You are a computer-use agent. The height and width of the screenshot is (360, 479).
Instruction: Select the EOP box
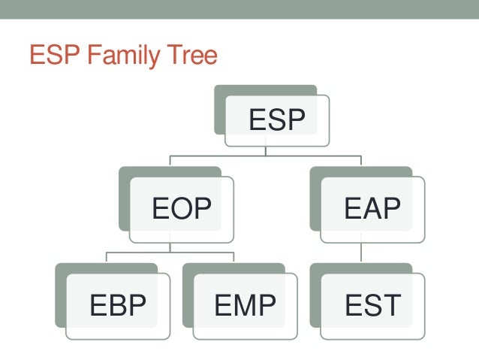(182, 208)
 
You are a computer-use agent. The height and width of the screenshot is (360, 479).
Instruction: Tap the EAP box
(373, 208)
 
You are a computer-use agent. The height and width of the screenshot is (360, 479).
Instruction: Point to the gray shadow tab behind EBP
(61, 293)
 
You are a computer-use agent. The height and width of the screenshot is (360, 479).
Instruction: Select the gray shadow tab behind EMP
(188, 293)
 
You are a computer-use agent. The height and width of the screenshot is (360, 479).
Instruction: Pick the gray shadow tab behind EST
(315, 293)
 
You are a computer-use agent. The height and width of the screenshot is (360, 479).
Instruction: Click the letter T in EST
(390, 305)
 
